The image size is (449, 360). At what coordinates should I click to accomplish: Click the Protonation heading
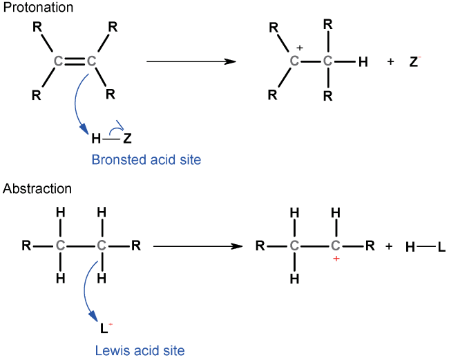(x=38, y=8)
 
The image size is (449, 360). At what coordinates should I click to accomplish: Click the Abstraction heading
(x=37, y=189)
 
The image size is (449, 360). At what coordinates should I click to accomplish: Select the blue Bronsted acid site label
(x=146, y=159)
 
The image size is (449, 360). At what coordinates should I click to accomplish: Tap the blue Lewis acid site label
(x=140, y=350)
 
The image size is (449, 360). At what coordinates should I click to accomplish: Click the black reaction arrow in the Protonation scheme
(x=191, y=61)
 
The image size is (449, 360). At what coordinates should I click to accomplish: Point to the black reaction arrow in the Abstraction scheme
(x=198, y=246)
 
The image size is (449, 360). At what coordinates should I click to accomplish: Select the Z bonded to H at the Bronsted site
(x=127, y=139)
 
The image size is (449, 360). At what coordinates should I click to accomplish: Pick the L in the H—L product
(x=441, y=247)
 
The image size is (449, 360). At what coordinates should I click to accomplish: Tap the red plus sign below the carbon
(x=336, y=259)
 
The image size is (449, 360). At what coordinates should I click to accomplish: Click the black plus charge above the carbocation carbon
(x=300, y=48)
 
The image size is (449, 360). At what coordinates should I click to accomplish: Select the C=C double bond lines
(x=75, y=61)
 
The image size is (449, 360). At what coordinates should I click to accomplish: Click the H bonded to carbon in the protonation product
(x=363, y=62)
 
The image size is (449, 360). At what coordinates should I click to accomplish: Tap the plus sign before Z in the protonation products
(x=390, y=61)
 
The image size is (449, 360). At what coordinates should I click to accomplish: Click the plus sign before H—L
(x=389, y=246)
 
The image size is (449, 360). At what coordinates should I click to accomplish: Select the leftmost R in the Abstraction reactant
(x=26, y=246)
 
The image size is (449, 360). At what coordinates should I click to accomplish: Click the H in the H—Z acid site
(x=96, y=139)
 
